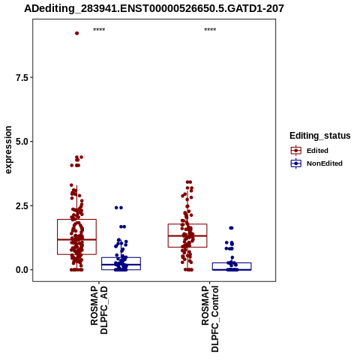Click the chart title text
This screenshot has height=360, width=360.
[154, 9]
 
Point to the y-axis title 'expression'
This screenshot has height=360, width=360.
[8, 150]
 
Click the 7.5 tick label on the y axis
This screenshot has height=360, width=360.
[22, 78]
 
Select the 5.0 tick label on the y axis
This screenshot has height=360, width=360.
[22, 142]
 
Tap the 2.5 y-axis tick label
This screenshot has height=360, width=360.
[22, 206]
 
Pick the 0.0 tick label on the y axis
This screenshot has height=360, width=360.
[22, 270]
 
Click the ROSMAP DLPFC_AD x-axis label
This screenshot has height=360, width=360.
[99, 310]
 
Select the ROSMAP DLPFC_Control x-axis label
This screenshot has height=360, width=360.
[210, 319]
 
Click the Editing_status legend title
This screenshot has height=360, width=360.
[320, 136]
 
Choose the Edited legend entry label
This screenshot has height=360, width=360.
[317, 151]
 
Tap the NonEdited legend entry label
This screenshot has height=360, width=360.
[325, 163]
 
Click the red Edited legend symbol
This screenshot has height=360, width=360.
[296, 151]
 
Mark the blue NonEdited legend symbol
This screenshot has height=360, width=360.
[296, 163]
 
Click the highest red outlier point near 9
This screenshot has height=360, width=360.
[77, 33]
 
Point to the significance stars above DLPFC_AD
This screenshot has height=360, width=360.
[99, 30]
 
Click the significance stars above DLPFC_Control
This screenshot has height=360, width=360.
[210, 30]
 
